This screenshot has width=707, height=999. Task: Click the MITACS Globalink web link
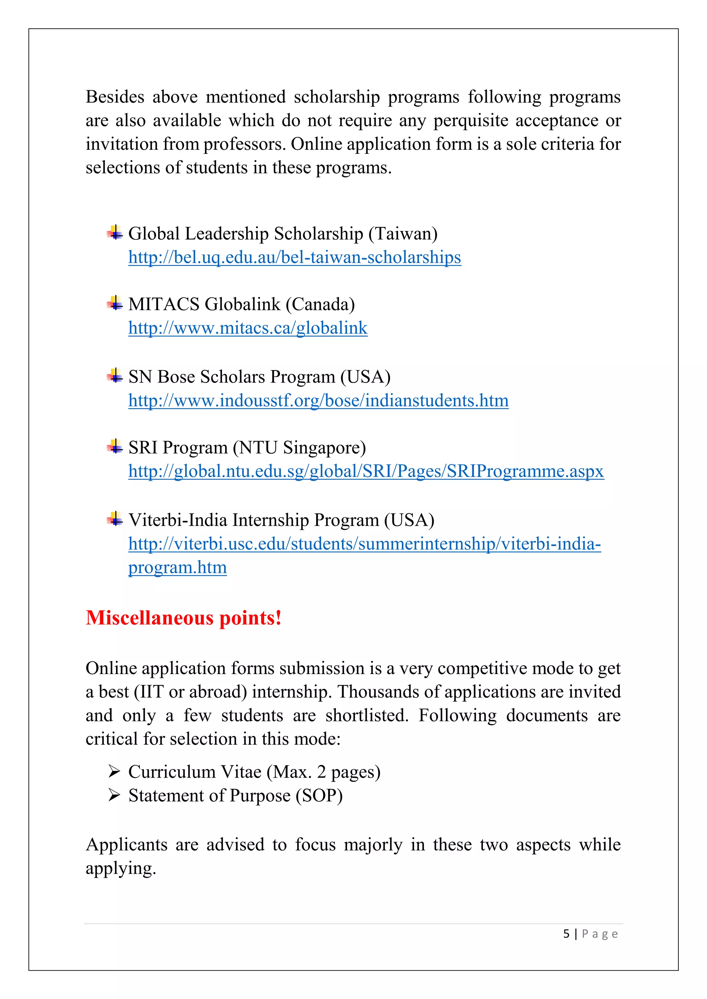point(248,328)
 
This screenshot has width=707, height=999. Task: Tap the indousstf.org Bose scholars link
point(318,400)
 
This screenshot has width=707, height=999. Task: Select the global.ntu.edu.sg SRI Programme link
point(366,471)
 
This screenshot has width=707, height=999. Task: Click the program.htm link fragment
point(177,567)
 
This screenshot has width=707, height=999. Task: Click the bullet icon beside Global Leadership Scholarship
point(115,233)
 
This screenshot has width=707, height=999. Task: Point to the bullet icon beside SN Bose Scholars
point(115,376)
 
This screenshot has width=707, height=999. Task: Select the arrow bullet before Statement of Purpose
point(114,796)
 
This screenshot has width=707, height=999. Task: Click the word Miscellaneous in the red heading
point(150,618)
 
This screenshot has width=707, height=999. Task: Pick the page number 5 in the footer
point(566,934)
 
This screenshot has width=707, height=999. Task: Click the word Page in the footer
point(600,934)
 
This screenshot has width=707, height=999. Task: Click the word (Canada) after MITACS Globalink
point(320,305)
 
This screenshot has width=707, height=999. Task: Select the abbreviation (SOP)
point(319,796)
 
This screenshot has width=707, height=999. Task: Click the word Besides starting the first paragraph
point(115,97)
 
